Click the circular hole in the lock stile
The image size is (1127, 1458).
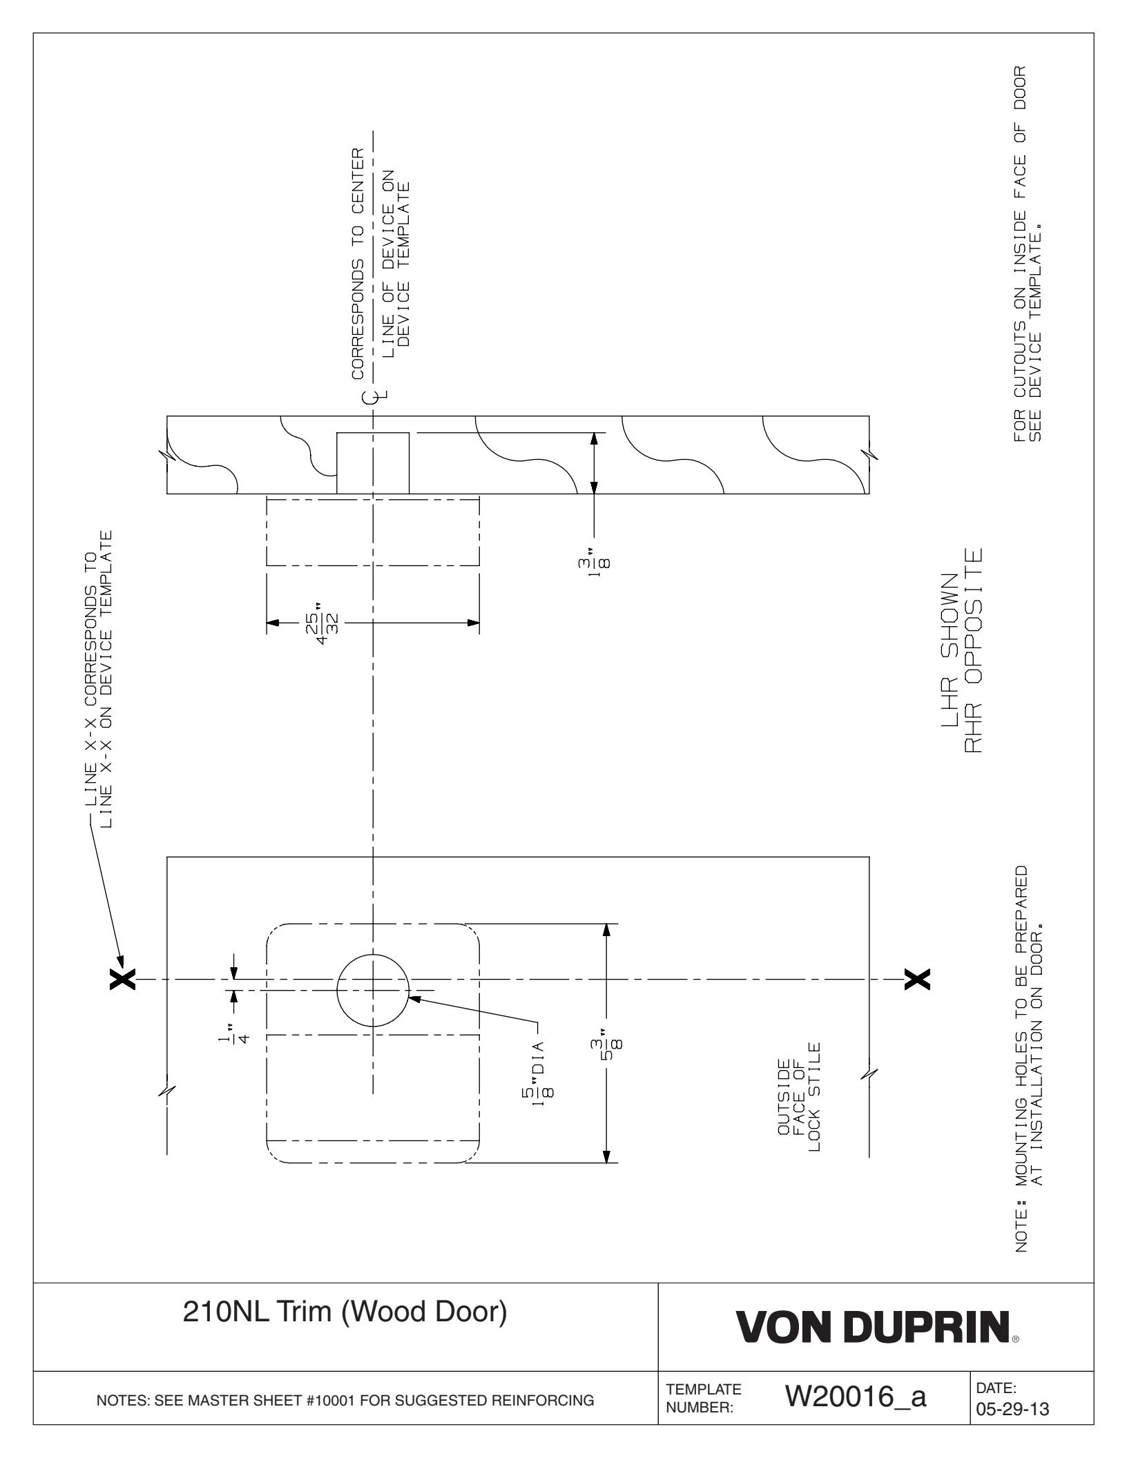click(373, 990)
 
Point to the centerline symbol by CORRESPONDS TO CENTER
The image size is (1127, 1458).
click(373, 396)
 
